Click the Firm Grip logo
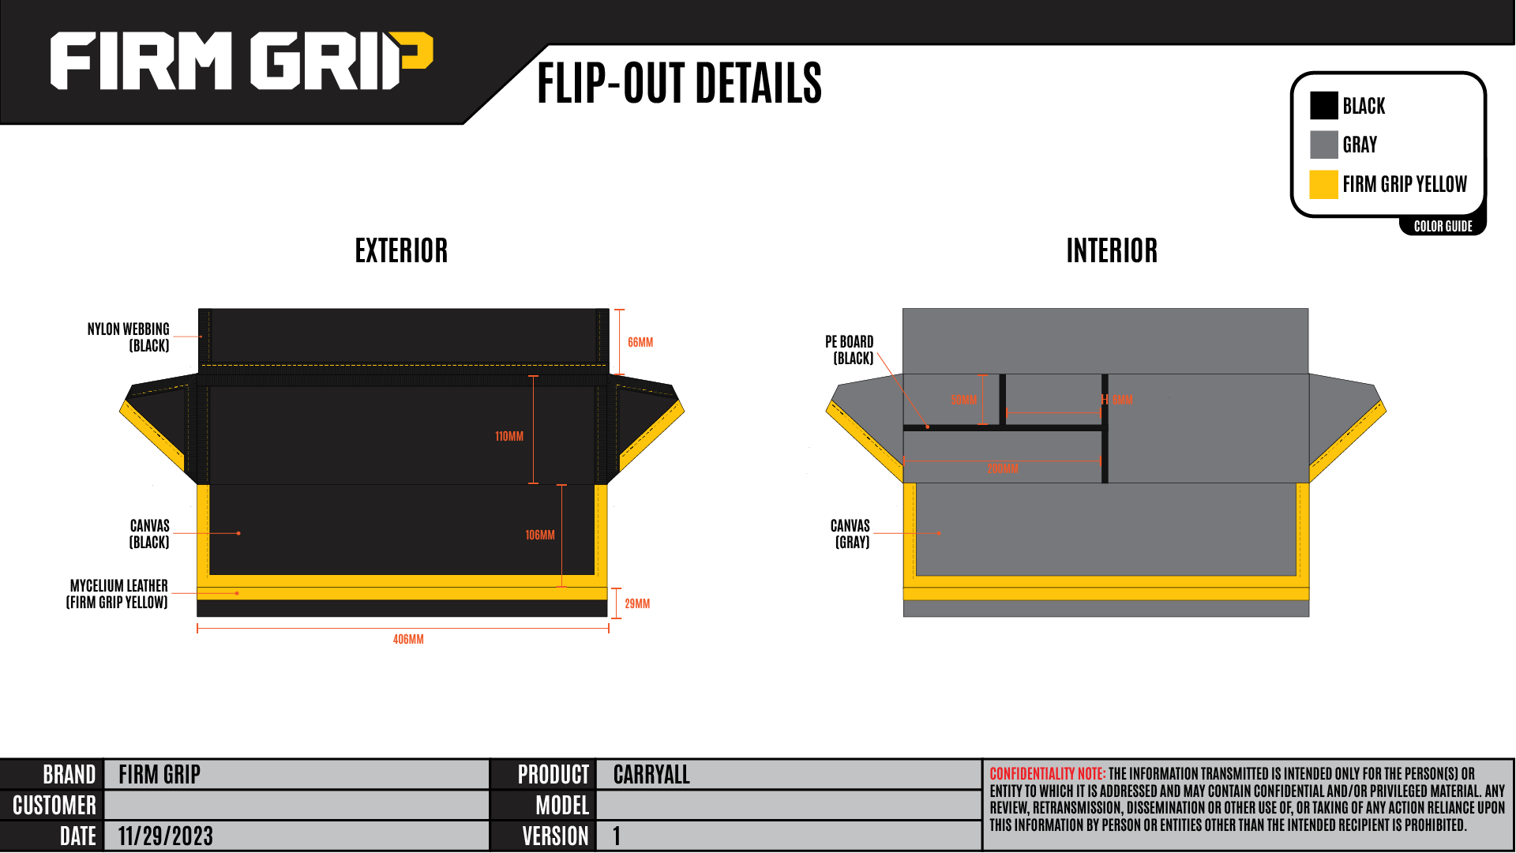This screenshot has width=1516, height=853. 241,61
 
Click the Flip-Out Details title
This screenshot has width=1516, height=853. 679,83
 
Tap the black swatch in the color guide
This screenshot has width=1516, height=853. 1323,106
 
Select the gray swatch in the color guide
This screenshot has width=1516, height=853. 1323,145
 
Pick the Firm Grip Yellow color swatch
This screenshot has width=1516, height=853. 1323,184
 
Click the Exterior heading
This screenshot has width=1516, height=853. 401,251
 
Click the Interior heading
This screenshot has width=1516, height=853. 1112,251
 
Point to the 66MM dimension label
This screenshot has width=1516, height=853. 640,342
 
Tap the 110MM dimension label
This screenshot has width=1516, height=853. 509,436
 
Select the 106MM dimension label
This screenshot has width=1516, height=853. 540,535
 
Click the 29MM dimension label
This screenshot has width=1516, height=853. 637,603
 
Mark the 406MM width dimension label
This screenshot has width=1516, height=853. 408,639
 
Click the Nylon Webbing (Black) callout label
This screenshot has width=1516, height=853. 129,337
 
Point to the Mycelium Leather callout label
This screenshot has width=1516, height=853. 118,594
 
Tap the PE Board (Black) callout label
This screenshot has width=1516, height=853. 850,350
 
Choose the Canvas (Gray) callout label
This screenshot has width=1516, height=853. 850,534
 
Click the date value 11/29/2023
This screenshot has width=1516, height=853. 166,836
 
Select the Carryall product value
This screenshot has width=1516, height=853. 651,775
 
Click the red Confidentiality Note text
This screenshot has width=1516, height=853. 1047,774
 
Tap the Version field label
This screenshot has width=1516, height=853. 555,836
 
